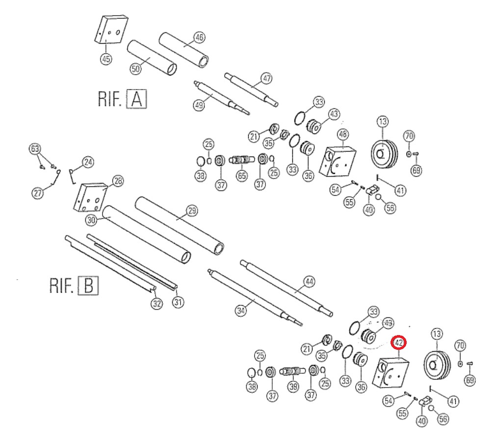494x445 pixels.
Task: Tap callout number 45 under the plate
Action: point(106,59)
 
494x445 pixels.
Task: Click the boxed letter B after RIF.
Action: point(88,285)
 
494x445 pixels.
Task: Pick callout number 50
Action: point(135,69)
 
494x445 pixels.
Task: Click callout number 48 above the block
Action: point(343,134)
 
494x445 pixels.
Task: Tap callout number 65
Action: point(242,176)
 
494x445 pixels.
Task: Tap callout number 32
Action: point(156,304)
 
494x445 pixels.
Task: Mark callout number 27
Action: point(38,193)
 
